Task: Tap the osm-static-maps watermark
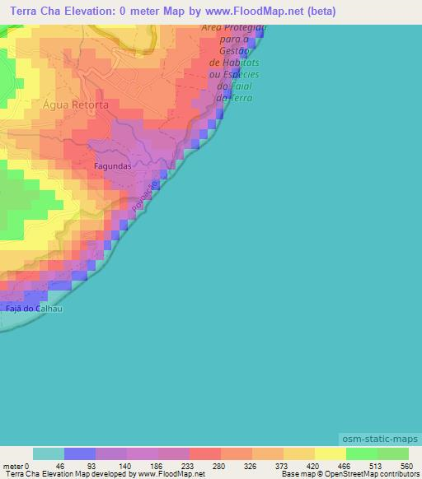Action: click(x=379, y=439)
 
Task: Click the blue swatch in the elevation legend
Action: click(x=80, y=454)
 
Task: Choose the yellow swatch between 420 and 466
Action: click(x=331, y=454)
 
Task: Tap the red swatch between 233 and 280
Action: click(x=205, y=454)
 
